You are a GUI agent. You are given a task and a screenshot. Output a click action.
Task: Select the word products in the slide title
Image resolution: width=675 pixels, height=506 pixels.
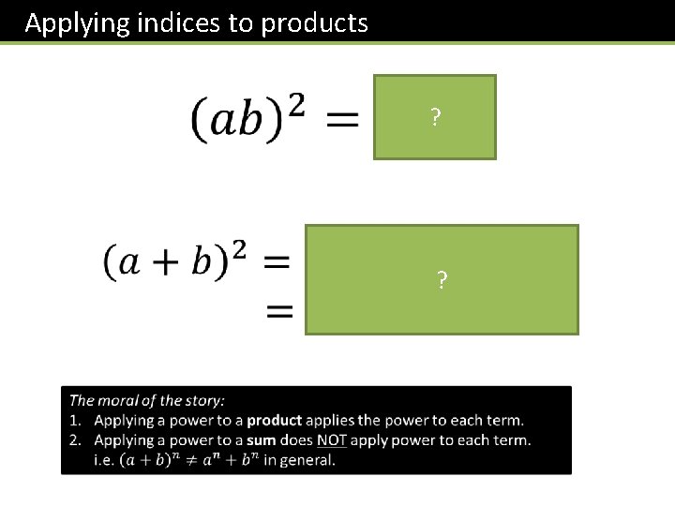[315, 22]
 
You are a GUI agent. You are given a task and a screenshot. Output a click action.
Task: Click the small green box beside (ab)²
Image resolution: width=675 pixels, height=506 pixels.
[434, 117]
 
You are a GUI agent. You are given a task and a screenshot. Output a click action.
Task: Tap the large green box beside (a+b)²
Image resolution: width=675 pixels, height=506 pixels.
[441, 279]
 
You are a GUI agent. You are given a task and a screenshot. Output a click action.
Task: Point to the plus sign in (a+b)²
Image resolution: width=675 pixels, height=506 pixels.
[159, 262]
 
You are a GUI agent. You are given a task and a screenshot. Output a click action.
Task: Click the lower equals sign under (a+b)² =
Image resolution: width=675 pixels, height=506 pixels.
[280, 312]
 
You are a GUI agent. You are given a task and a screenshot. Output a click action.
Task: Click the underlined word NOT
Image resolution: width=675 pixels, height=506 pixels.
[331, 440]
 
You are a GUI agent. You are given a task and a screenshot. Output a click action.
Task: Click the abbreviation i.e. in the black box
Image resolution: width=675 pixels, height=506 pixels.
[102, 460]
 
